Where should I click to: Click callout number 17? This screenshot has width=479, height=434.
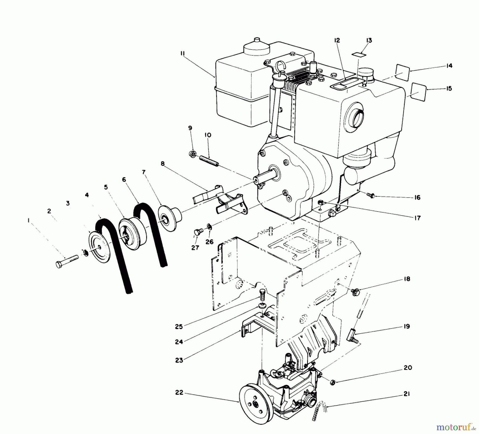417,218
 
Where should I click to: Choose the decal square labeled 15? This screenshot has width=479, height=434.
419,92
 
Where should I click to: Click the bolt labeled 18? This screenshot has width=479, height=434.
355,292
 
